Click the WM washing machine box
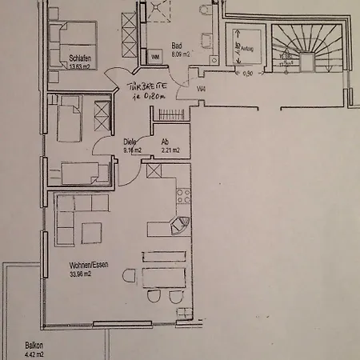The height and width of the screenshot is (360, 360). [155, 58]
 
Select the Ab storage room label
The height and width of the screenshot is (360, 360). [165, 142]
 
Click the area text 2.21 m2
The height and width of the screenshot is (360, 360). [170, 150]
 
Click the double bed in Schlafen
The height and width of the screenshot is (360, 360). [74, 39]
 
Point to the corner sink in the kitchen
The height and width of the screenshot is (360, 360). [182, 225]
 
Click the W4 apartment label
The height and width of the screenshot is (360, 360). [202, 89]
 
